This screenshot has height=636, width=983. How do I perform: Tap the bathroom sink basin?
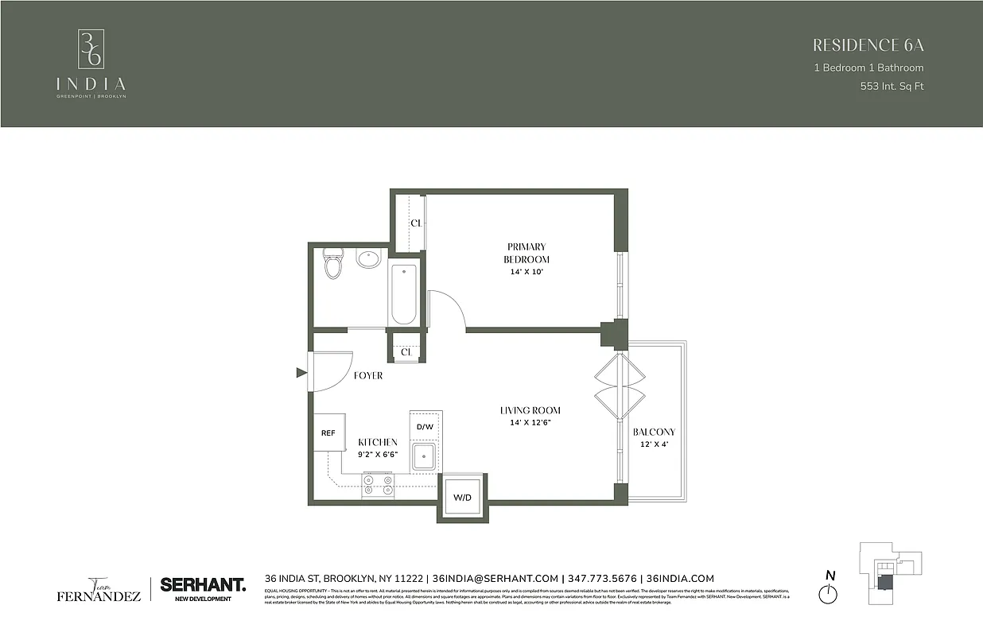coord(368,259)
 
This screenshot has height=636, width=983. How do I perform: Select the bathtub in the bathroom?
coord(403,295)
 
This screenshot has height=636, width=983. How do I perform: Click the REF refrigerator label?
coord(328,433)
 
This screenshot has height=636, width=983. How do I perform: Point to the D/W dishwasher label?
coord(425,427)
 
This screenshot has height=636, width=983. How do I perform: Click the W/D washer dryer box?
coord(462,498)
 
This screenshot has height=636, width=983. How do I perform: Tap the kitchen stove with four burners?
coord(378,485)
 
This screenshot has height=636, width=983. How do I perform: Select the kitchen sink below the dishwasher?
coord(425,456)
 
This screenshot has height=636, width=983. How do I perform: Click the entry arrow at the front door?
coord(301,372)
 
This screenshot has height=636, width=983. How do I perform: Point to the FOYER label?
coord(368,375)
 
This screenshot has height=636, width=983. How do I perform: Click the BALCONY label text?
coord(654,432)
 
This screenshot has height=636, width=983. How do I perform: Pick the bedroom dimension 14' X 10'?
coord(526,272)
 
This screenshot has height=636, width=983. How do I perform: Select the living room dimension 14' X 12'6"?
coord(530,422)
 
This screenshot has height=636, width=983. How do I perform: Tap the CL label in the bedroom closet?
coord(415,223)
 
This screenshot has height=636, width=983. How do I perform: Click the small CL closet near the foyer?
coord(406,351)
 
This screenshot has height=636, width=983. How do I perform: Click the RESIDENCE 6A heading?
coord(868,45)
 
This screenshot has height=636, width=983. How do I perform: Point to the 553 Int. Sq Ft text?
coord(892,86)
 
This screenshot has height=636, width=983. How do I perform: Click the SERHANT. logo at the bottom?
coord(203,584)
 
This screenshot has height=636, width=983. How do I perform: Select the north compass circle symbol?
coord(830,594)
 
